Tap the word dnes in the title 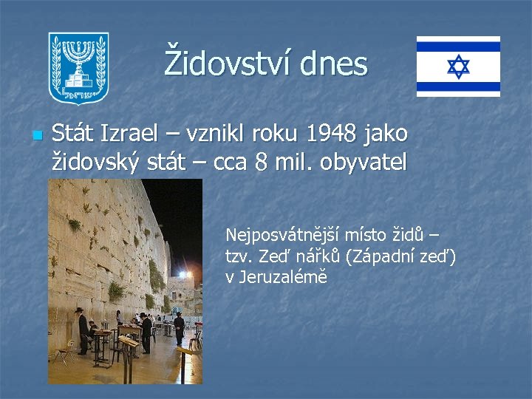point(334,64)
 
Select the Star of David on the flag point(458,66)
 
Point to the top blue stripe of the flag point(458,47)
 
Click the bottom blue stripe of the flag point(458,86)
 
